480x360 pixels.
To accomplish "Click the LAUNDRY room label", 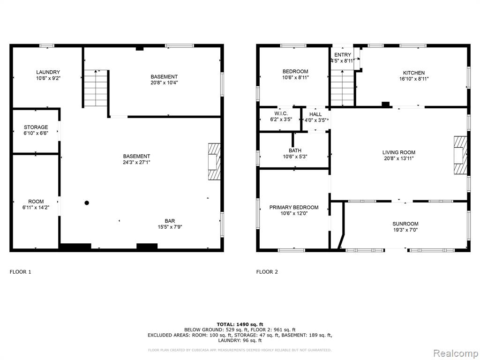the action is [48, 72].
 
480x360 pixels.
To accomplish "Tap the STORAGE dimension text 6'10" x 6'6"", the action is [36, 133].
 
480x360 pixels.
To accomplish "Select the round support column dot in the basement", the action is [87, 202].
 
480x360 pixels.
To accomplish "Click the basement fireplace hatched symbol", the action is [214, 161].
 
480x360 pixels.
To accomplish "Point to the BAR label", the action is [170, 221].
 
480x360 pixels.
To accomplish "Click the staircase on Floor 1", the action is [96, 88].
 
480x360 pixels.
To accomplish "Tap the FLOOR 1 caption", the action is [21, 271].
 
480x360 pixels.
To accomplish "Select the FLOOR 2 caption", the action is [267, 271].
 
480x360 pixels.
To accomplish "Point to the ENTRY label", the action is [343, 55].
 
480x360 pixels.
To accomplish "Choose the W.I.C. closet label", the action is [281, 113].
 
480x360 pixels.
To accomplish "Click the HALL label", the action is [315, 114].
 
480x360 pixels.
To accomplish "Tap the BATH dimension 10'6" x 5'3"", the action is [295, 157].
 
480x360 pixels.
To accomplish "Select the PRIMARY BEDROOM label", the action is [294, 207].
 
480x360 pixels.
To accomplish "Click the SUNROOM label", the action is [405, 224].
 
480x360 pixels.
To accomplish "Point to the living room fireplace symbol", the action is [460, 155].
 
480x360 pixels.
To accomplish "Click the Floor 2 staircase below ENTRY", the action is [343, 88].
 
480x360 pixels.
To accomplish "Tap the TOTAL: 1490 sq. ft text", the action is [240, 324].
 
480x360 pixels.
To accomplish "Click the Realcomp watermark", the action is [456, 353].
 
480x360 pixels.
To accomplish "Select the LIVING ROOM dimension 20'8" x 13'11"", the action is [399, 158].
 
